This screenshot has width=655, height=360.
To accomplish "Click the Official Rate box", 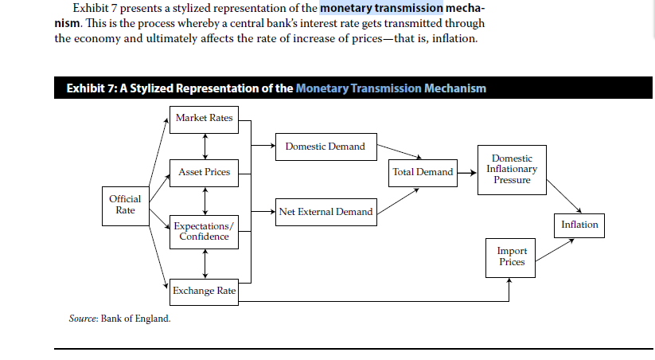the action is [126, 206].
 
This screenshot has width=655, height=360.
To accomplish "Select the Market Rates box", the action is [204, 120].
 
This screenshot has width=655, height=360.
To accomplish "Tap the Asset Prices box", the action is [204, 173].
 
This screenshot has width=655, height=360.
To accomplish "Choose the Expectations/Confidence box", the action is [204, 232].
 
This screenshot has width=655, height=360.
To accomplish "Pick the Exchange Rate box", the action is [204, 292].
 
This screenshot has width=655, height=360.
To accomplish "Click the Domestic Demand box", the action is [326, 147].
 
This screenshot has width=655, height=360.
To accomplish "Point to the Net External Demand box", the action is [326, 212].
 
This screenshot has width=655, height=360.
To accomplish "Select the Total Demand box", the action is [423, 173].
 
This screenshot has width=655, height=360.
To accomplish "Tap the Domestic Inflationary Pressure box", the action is [512, 170].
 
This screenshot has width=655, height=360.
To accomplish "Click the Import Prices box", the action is [510, 258].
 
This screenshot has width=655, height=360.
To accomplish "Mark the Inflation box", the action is [579, 225].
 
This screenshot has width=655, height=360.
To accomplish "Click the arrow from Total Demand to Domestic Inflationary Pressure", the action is [467, 173].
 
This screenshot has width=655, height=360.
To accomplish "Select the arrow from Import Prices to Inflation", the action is [555, 250].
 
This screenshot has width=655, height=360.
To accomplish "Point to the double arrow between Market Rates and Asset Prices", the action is [205, 147].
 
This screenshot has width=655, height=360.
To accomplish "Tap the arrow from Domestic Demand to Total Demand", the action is [400, 151].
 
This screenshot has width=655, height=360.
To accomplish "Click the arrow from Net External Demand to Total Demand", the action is [398, 202].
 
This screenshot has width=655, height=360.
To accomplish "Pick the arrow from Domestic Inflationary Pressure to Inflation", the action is [564, 196].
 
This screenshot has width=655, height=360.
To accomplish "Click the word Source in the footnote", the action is [83, 319].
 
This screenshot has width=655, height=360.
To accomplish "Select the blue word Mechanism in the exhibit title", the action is [455, 88].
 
